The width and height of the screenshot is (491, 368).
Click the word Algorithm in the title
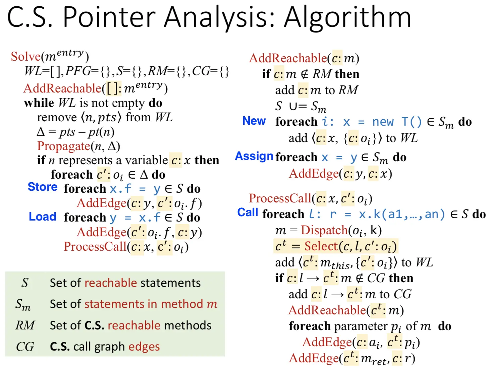[347, 17]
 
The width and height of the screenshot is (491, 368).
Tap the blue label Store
[43, 187]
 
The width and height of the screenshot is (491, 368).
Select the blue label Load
[43, 217]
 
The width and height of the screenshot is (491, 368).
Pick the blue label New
[254, 121]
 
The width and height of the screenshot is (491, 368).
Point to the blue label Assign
[254, 156]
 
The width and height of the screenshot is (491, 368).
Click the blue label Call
[248, 212]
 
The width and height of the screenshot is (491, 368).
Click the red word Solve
[25, 56]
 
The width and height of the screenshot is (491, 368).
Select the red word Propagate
[64, 146]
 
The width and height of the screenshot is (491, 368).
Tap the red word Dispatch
[324, 230]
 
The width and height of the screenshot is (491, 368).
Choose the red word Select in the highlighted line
[321, 246]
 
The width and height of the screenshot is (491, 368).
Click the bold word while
[39, 103]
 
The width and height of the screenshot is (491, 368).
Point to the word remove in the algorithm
[57, 118]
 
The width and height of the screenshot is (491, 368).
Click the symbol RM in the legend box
[25, 325]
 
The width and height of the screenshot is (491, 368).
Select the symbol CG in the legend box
[25, 347]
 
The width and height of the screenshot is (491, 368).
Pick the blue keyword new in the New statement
[383, 122]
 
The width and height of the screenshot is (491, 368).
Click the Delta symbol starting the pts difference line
[41, 132]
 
